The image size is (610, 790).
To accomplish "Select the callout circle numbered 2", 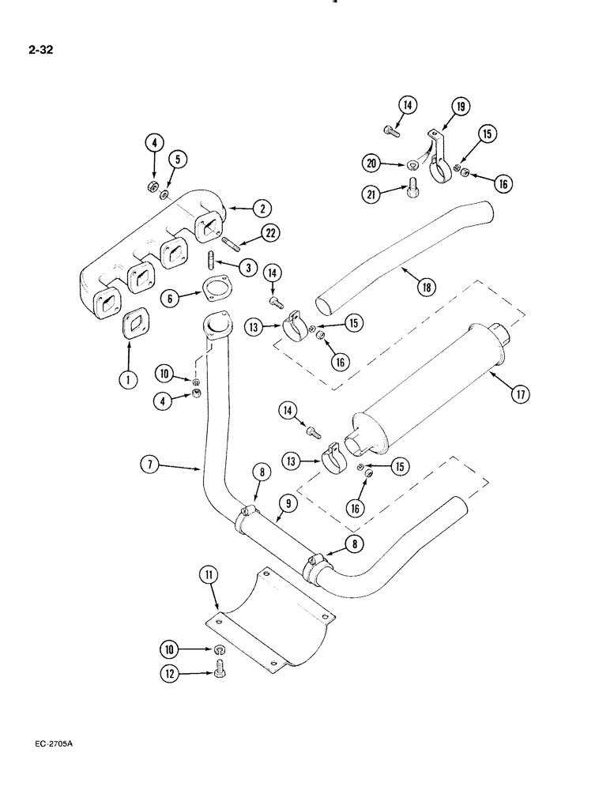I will coord(262,209).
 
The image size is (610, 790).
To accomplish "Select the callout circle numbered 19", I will coord(461,107).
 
